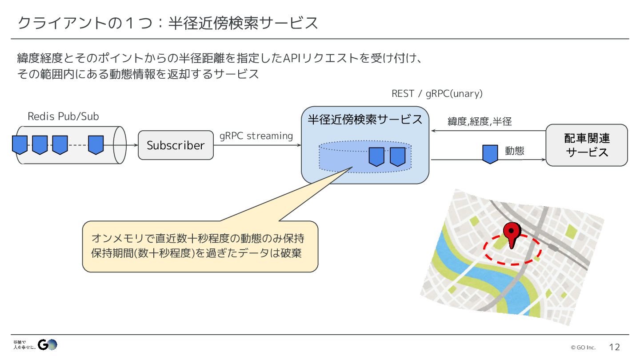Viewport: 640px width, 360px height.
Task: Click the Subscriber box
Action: point(176,145)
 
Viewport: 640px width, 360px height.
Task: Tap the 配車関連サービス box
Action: point(587,145)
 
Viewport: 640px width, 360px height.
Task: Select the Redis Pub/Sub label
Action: point(63,116)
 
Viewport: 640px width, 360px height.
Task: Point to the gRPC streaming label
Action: point(256,136)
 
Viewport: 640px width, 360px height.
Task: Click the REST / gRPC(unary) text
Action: point(437,94)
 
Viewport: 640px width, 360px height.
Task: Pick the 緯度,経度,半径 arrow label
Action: point(480,121)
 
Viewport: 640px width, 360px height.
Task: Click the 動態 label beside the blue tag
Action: point(515,151)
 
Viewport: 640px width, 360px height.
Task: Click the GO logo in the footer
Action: point(48,344)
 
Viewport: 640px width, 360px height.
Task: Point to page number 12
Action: point(614,347)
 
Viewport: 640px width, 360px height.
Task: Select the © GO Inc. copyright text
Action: point(583,348)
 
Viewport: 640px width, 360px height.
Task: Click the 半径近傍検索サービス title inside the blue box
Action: point(365,119)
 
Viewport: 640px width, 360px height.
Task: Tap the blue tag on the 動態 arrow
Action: point(490,154)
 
